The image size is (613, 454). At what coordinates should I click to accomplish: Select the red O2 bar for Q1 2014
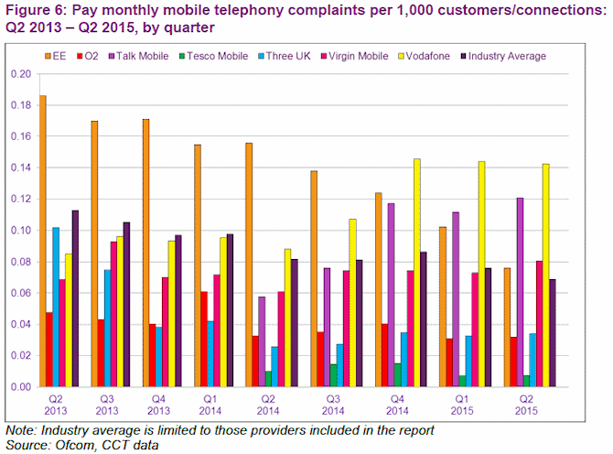(x=204, y=339)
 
